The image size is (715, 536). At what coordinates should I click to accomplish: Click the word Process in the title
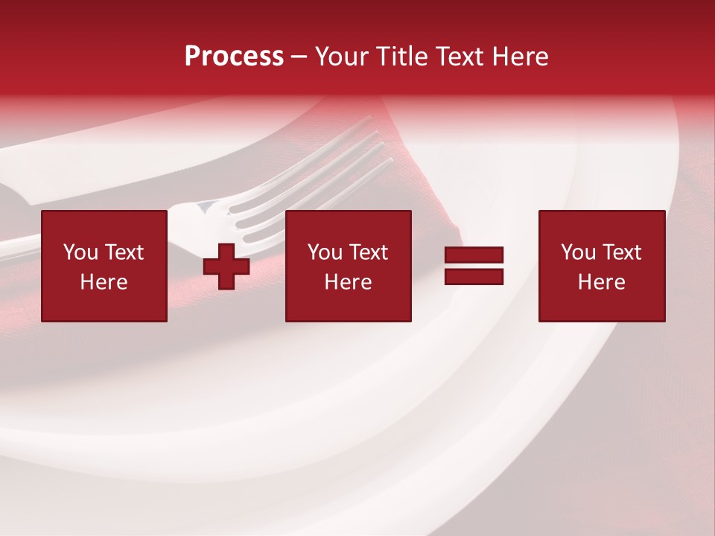[234, 57]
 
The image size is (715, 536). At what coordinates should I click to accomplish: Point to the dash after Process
[299, 57]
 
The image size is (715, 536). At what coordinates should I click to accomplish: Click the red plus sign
[226, 266]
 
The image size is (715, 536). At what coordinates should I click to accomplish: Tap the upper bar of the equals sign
[474, 255]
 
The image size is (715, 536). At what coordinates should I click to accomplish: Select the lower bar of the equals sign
[474, 277]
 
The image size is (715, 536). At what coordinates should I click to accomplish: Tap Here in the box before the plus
[104, 282]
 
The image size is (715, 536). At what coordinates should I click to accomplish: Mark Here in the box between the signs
[348, 282]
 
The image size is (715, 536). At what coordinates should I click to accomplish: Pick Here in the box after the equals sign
[601, 282]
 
